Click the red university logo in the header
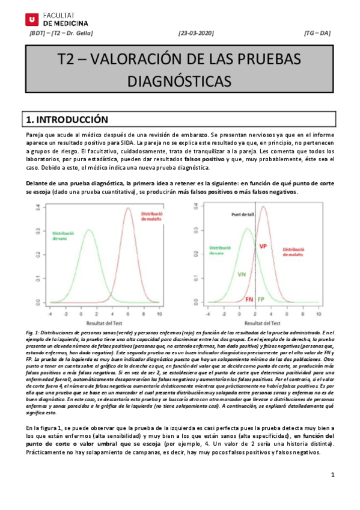(x=31, y=18)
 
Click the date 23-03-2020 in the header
(x=197, y=34)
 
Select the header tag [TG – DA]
(x=317, y=34)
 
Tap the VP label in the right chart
(x=263, y=247)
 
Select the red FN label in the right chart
(x=249, y=299)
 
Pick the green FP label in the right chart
(x=261, y=299)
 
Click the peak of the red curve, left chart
(x=127, y=209)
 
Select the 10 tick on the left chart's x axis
(x=159, y=314)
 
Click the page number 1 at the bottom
(x=332, y=475)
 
